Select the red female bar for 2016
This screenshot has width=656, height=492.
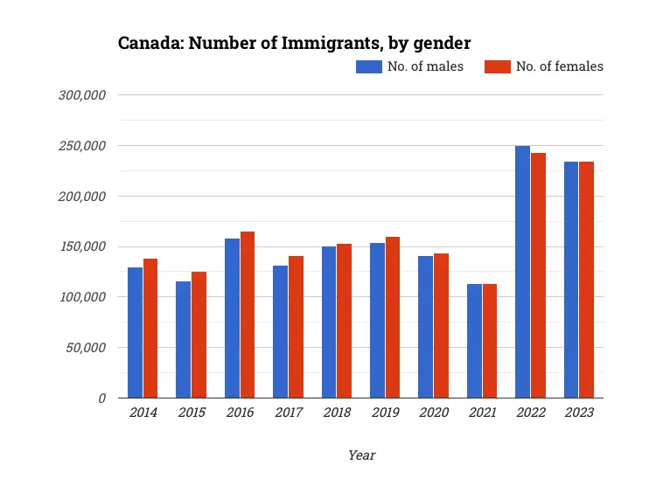point(248,315)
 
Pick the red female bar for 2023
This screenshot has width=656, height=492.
point(586,280)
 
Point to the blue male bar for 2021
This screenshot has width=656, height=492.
point(474,341)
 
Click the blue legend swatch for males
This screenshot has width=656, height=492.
point(368,66)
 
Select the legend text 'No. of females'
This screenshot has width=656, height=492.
point(559,66)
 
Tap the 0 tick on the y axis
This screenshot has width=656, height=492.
point(101,398)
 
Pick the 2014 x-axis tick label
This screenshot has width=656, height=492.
point(143,412)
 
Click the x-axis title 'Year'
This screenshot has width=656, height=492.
point(361,454)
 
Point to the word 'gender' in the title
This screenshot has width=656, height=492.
point(443,42)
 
